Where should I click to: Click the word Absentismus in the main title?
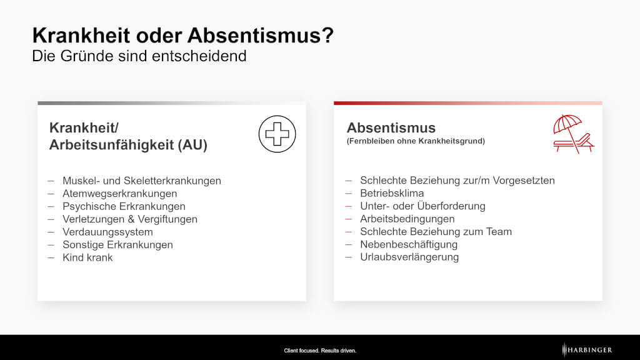pyautogui.click(x=261, y=35)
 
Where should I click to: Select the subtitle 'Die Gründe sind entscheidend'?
pyautogui.click(x=139, y=56)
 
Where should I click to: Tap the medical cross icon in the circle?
pyautogui.click(x=277, y=134)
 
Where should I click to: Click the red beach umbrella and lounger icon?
pyautogui.click(x=574, y=134)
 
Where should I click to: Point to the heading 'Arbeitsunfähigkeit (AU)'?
pyautogui.click(x=128, y=144)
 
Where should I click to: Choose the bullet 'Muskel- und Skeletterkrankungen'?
pyautogui.click(x=142, y=181)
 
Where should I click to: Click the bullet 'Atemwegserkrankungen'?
pyautogui.click(x=119, y=194)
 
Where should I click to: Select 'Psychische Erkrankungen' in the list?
pyautogui.click(x=124, y=206)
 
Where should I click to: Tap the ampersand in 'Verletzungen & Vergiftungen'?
pyautogui.click(x=131, y=219)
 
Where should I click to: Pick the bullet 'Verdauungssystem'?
pyautogui.click(x=107, y=232)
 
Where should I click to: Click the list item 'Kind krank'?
pyautogui.click(x=87, y=257)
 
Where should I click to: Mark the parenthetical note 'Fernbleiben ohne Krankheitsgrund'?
pyautogui.click(x=416, y=141)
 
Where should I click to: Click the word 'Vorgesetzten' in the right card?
pyautogui.click(x=524, y=181)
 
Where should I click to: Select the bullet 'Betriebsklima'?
pyautogui.click(x=392, y=193)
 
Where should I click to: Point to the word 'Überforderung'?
pyautogui.click(x=451, y=206)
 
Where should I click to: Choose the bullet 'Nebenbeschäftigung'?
pyautogui.click(x=409, y=244)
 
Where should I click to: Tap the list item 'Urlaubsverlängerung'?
pyautogui.click(x=409, y=257)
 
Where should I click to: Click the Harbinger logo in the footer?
pyautogui.click(x=587, y=350)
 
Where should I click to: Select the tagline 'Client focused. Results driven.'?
pyautogui.click(x=320, y=350)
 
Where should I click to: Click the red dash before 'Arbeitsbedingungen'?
pyautogui.click(x=348, y=219)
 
